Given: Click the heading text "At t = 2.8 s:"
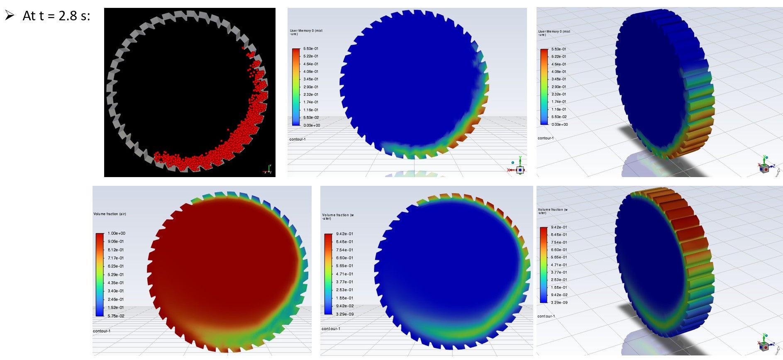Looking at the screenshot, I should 56,16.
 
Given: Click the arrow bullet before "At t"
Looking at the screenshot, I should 10,15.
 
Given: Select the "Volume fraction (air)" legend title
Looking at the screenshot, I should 110,214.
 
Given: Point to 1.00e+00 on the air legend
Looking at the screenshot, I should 116,234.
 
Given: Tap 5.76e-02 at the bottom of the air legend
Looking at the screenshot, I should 116,316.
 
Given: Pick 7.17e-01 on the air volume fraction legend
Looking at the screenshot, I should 116,258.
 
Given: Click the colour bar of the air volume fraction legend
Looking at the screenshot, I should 100,275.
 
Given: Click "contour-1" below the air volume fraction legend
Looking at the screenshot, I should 102,331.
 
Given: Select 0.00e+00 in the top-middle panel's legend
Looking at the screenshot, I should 312,125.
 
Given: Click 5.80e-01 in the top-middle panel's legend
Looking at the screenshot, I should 311,49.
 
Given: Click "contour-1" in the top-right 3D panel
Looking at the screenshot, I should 546,138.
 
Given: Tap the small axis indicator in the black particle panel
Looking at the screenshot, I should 268,170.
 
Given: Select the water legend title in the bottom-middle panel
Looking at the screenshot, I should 338,216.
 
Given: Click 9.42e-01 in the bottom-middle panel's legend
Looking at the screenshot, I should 344,234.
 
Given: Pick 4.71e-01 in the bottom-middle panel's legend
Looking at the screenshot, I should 344,274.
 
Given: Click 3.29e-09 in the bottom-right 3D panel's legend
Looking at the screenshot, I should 559,303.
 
